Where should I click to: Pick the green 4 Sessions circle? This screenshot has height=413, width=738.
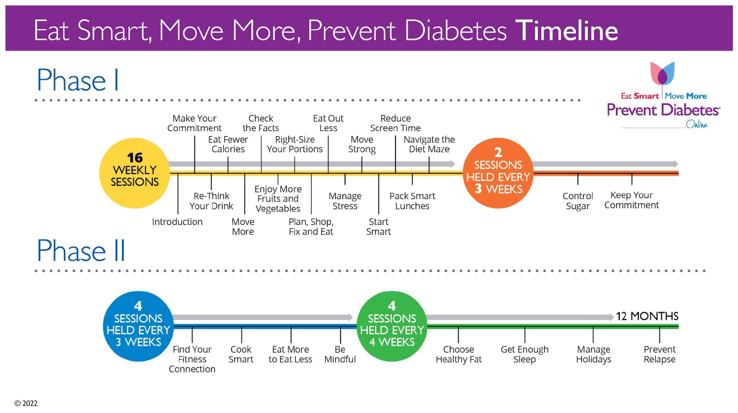392,326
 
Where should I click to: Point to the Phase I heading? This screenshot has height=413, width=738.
78,80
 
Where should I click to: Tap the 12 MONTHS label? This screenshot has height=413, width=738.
647,316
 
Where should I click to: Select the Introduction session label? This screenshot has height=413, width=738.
177,222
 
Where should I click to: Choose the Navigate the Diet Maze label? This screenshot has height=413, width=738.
429,144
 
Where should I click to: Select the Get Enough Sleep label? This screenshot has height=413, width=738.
524,354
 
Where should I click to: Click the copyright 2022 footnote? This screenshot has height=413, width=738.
26,403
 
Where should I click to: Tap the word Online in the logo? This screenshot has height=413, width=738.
696,125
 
